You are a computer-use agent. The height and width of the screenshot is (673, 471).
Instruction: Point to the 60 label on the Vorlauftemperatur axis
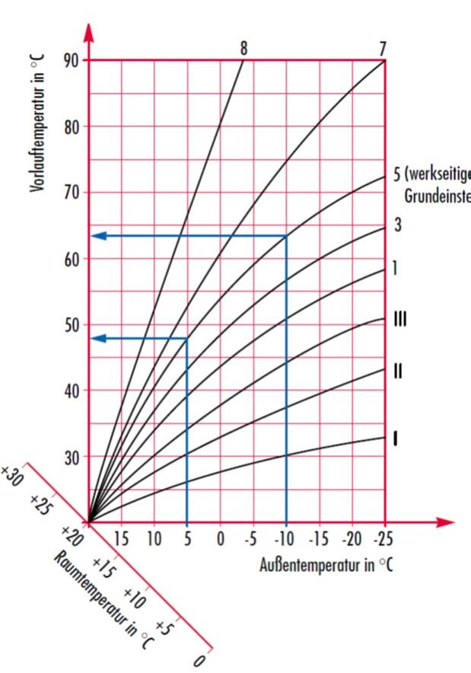72,259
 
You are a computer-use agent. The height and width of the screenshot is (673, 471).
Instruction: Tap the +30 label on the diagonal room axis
13,478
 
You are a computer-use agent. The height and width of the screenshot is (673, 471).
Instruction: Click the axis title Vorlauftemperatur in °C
38,122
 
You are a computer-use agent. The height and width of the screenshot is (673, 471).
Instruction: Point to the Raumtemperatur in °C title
103,600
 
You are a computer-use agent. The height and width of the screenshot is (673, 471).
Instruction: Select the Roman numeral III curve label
399,320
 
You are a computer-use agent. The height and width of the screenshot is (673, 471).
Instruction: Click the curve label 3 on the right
397,225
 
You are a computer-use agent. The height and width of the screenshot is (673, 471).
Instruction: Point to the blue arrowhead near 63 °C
97,236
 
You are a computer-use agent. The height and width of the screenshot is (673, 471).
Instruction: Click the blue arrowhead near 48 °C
97,338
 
